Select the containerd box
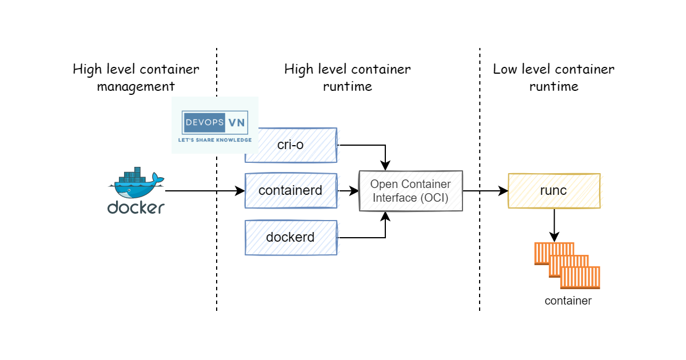tap(290, 191)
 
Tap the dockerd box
tap(290, 237)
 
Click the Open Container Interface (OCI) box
tap(410, 191)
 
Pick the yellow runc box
tap(553, 191)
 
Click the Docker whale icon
tap(135, 182)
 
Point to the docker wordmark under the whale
tap(135, 207)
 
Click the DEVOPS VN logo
tap(215, 122)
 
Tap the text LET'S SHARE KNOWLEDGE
tap(215, 139)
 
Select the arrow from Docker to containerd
tap(200, 191)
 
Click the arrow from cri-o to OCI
tap(372, 145)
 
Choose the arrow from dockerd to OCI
tap(372, 237)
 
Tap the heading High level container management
tap(135, 78)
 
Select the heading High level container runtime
tap(347, 78)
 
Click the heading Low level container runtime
tap(553, 78)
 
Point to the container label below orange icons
tap(568, 301)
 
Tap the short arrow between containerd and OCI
tap(348, 191)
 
